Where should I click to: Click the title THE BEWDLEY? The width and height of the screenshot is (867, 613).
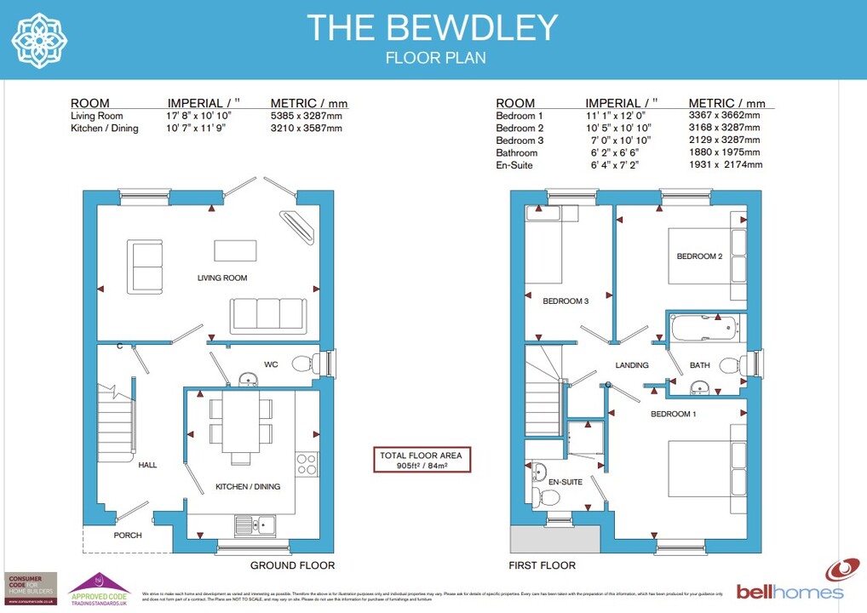(x=432, y=28)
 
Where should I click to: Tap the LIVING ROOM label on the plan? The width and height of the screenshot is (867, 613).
(x=222, y=278)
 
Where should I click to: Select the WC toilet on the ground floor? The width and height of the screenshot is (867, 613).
(x=302, y=364)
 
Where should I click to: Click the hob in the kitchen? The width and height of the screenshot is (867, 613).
(x=306, y=464)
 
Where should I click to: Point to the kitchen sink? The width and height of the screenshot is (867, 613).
(x=254, y=524)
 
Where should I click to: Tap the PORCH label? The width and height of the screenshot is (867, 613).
(x=128, y=536)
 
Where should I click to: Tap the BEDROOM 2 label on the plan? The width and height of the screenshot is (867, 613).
(x=699, y=256)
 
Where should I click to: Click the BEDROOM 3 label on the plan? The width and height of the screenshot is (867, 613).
(x=566, y=301)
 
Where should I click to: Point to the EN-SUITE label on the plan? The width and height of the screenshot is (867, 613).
(x=566, y=482)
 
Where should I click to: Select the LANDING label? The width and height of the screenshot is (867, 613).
(x=632, y=365)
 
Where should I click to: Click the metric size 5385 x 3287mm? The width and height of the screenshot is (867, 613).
(x=306, y=116)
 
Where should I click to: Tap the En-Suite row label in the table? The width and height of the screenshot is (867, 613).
(x=514, y=165)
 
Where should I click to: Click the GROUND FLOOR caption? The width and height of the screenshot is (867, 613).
(x=292, y=565)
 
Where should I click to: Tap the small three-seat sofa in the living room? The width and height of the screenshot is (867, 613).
(x=267, y=315)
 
